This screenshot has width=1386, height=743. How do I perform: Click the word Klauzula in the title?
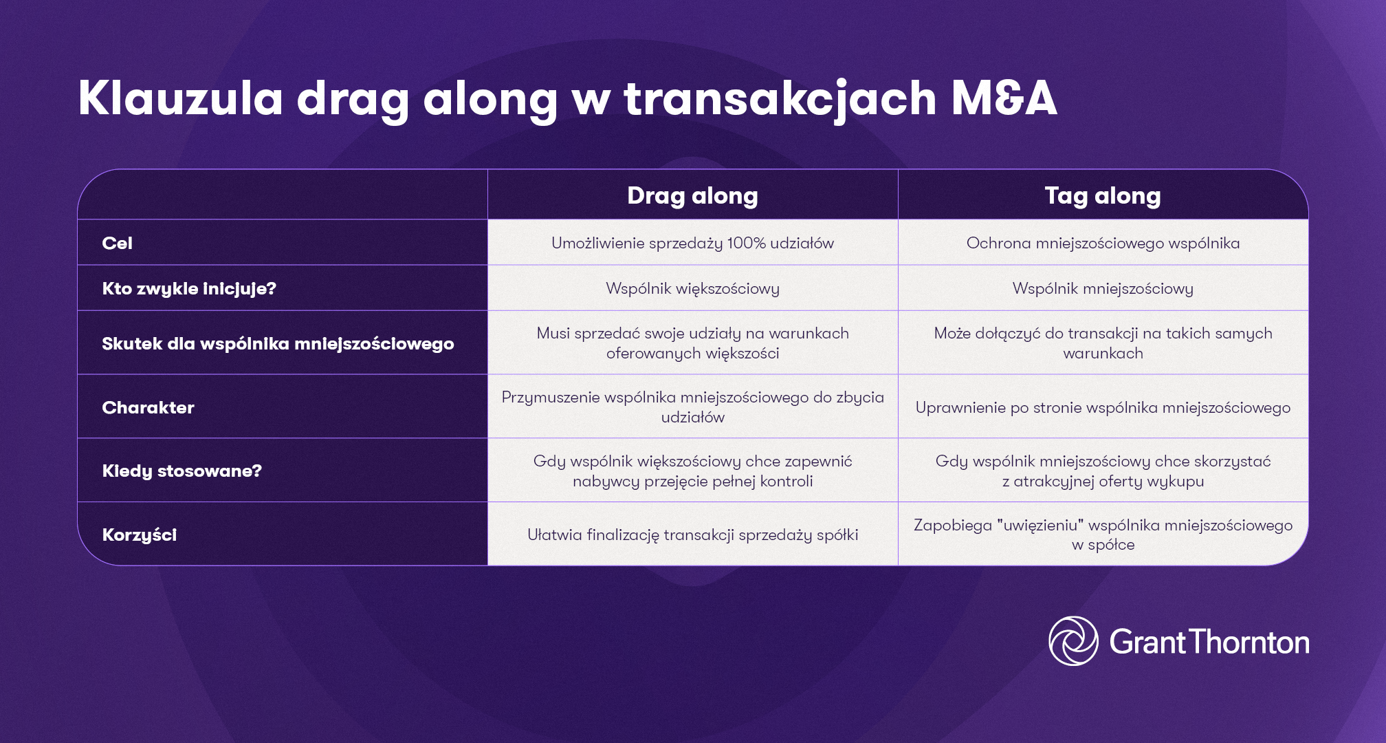(x=180, y=98)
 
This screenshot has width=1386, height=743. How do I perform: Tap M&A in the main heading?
(x=1004, y=98)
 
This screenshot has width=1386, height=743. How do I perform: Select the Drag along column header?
(x=692, y=195)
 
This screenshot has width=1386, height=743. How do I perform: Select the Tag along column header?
(x=1103, y=195)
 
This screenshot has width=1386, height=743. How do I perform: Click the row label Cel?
(x=117, y=243)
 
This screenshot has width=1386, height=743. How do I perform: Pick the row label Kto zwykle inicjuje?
(x=189, y=288)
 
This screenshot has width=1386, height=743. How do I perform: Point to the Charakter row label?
(x=148, y=407)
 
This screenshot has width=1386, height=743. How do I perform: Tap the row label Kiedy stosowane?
(x=181, y=471)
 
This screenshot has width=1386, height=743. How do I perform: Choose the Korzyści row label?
(x=139, y=535)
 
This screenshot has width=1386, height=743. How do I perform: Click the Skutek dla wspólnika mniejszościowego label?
(x=278, y=343)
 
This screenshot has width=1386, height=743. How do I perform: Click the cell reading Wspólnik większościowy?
(x=692, y=288)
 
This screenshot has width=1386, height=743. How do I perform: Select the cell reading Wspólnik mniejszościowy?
(x=1103, y=288)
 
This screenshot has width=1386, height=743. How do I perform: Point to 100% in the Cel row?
(x=746, y=243)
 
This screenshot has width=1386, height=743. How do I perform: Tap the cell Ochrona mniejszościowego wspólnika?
(x=1103, y=243)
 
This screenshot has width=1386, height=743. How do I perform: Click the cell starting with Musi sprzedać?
(x=692, y=343)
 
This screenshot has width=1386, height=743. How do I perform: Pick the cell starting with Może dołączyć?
(x=1103, y=343)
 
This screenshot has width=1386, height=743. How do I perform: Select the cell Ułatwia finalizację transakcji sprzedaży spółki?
(x=692, y=535)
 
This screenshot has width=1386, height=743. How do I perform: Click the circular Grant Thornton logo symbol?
(x=1073, y=641)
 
